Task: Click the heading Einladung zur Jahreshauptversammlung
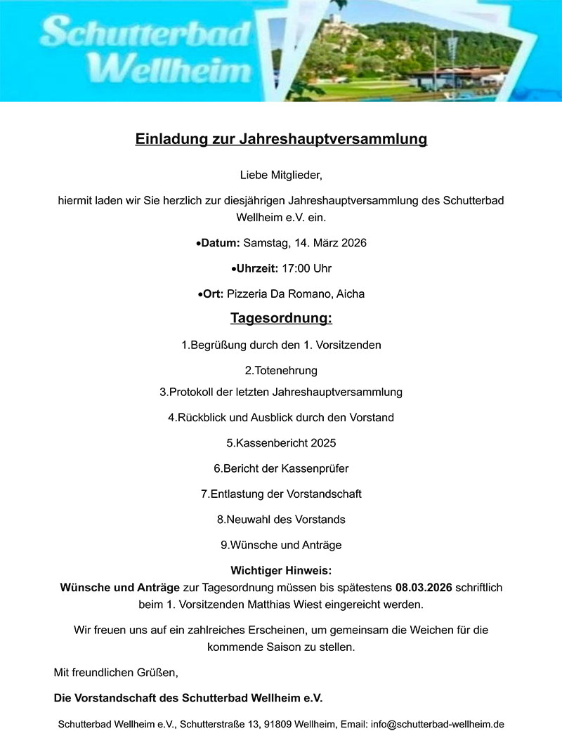click(281, 139)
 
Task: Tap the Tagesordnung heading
click(281, 319)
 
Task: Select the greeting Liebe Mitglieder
click(281, 174)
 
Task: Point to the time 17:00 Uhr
click(306, 268)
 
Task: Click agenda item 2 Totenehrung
click(281, 370)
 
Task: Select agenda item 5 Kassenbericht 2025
click(281, 443)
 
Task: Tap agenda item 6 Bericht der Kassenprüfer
click(281, 468)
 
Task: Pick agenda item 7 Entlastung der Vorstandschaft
click(281, 494)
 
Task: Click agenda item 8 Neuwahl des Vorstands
click(281, 520)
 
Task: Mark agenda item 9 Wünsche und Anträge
click(281, 545)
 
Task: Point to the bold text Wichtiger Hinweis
click(281, 571)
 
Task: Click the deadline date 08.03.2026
click(424, 587)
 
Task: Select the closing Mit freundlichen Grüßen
click(116, 673)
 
